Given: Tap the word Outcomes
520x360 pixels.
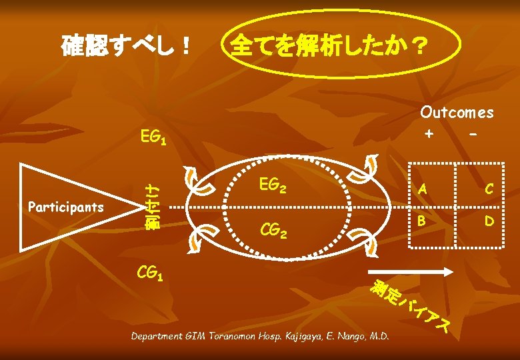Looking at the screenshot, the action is pos(457,113).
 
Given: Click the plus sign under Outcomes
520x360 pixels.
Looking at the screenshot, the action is pos(429,133).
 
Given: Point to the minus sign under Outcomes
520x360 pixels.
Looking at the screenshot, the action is pos(473,133).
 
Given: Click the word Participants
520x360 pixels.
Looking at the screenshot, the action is pos(66,207).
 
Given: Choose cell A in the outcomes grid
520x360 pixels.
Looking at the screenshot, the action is pos(422,190).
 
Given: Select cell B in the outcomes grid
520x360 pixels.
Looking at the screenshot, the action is pos(422,219).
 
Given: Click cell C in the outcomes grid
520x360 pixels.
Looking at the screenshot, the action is pos(489,190).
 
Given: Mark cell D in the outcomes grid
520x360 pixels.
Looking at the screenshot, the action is pos(489,219).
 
